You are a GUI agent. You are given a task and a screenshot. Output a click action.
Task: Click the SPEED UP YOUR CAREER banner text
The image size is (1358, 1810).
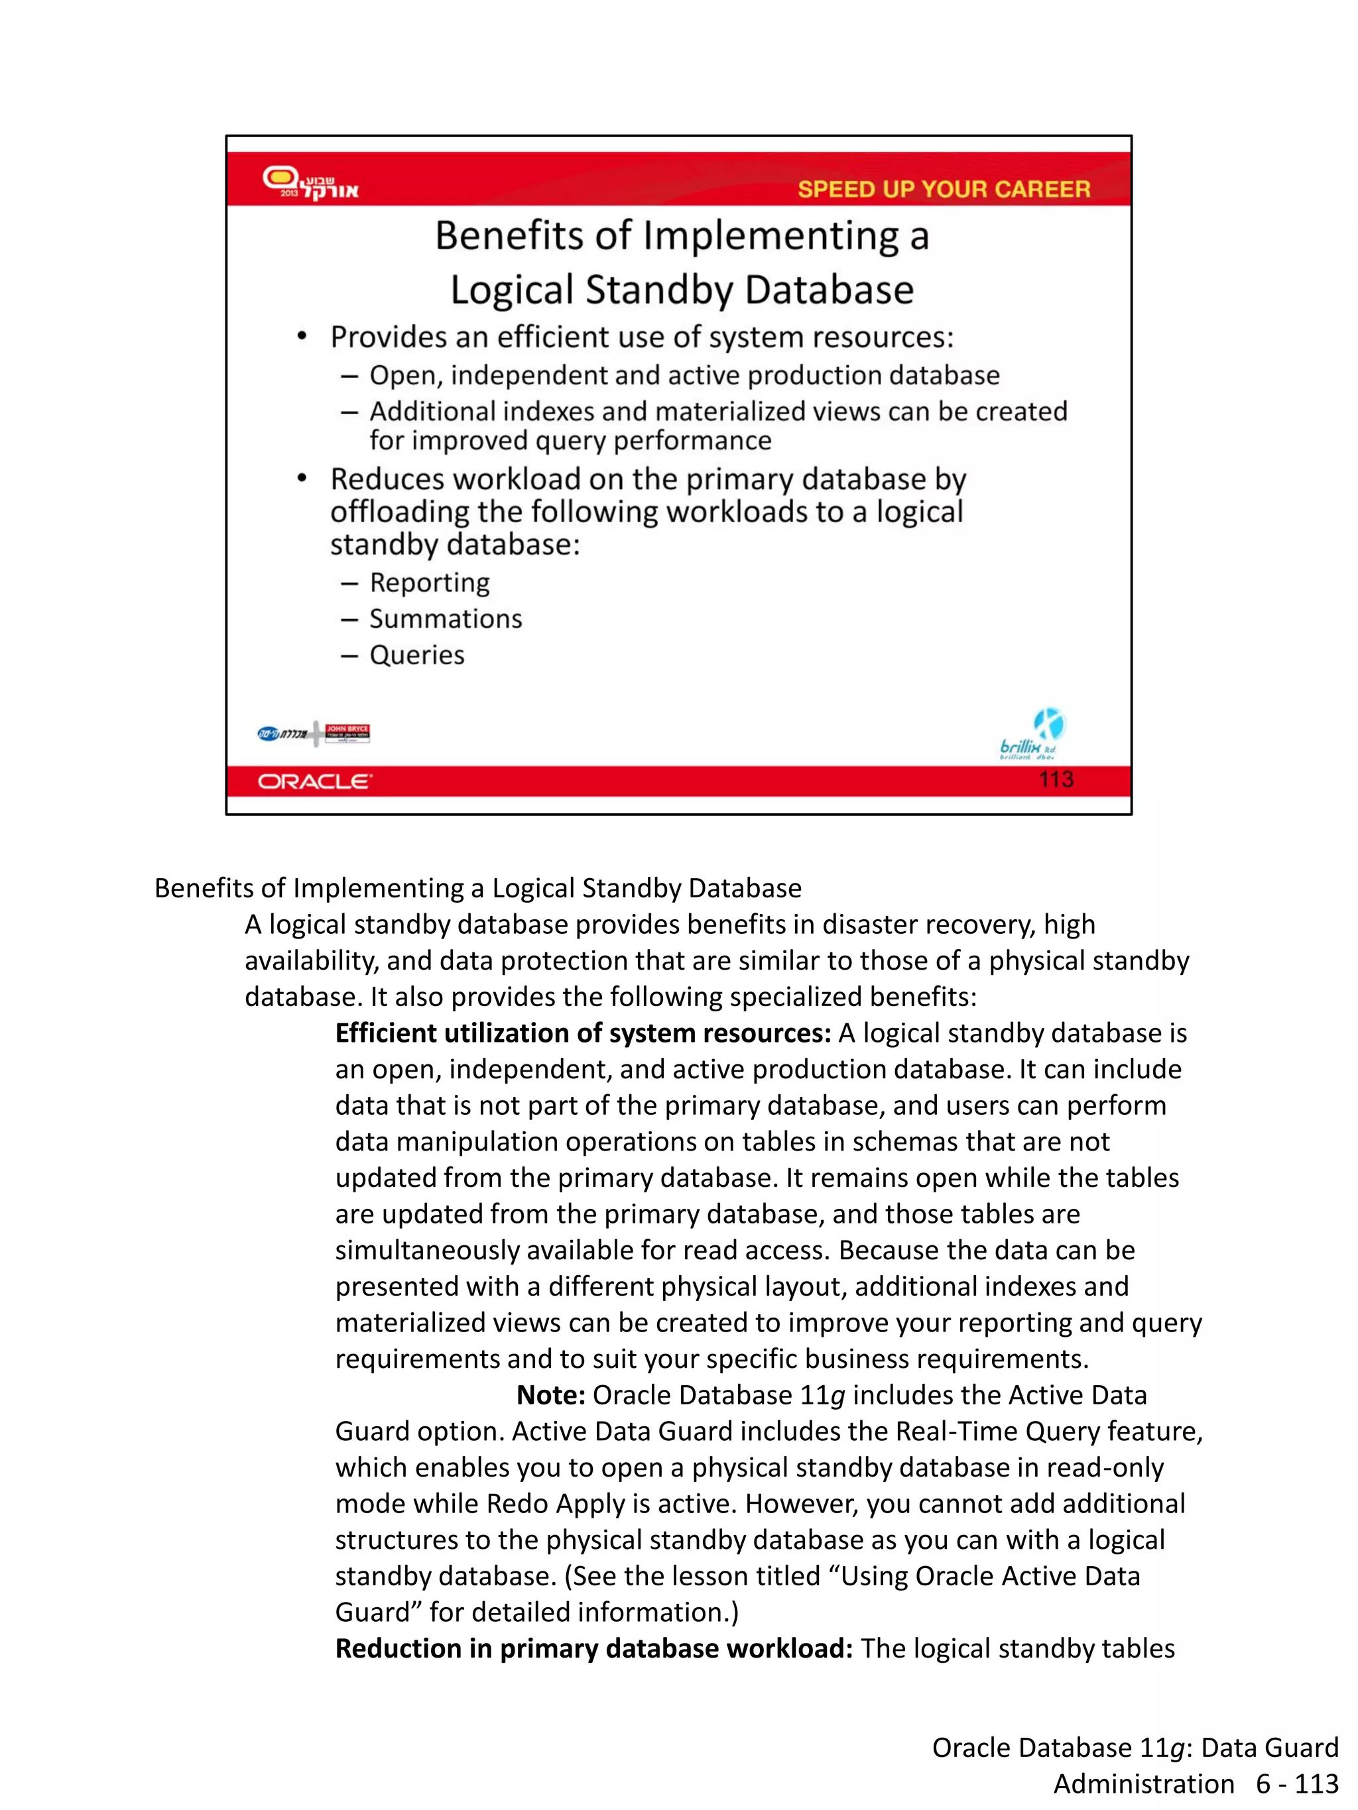(x=944, y=189)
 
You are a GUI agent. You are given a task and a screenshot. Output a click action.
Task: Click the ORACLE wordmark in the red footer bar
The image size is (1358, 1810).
(x=315, y=781)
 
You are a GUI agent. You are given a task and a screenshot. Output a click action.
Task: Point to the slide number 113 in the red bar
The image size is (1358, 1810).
(x=1056, y=779)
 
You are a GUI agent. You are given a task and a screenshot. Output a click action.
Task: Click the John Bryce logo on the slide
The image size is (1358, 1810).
(x=347, y=732)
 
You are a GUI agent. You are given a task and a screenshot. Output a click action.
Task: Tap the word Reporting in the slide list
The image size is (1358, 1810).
(x=430, y=583)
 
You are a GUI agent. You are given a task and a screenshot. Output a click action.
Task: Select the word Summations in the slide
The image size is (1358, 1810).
(x=446, y=618)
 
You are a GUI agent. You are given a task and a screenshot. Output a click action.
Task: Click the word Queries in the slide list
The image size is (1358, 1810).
(x=416, y=655)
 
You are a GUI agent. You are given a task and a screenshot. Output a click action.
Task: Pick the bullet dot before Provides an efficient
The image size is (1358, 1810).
(x=302, y=336)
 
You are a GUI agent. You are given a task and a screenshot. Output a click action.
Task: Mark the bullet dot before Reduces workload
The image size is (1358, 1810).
(x=302, y=478)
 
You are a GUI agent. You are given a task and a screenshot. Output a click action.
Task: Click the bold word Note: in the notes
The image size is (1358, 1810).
(x=550, y=1395)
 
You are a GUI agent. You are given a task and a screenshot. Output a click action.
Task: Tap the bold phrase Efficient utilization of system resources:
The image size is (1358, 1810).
(x=583, y=1033)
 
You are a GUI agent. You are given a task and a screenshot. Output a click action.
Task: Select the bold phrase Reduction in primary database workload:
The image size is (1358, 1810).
(x=594, y=1649)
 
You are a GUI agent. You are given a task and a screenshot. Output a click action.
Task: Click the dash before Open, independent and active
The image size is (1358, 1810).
(x=349, y=376)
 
